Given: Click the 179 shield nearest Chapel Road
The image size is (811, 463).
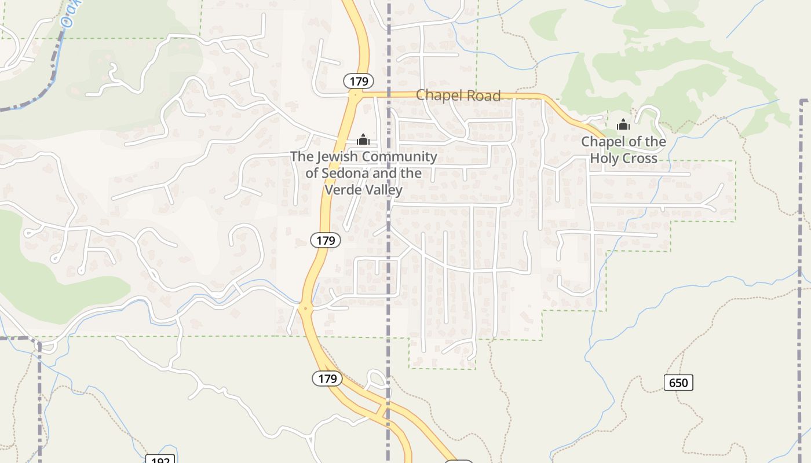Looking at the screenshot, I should pos(359,81).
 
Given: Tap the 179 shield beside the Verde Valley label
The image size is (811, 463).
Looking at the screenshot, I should pos(326,240).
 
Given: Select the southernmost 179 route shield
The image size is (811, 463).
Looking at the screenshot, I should pos(328,379).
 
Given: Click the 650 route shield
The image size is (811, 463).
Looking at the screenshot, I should pos(678,383).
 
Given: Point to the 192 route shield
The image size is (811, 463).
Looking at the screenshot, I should pos(160,460).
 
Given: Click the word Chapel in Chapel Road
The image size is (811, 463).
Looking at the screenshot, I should pos(437,95).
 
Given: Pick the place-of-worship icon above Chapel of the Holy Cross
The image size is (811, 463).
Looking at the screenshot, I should pos(623,124).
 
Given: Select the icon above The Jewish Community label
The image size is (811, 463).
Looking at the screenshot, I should pos(363,139).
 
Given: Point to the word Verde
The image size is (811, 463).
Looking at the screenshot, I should pos(344,189).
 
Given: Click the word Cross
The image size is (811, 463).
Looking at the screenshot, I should pos(640,158).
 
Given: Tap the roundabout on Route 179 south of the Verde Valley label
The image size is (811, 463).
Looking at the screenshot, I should pos(305,308).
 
